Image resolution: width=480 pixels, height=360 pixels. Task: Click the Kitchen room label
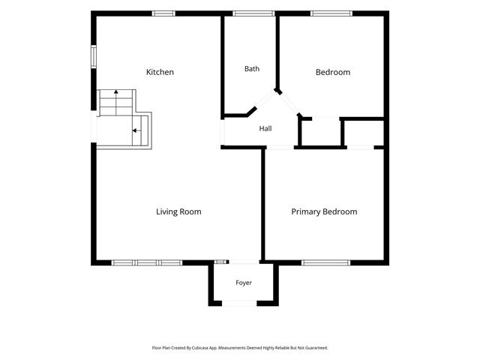[x=160, y=72]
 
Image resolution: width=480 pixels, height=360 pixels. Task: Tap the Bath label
[x=252, y=69]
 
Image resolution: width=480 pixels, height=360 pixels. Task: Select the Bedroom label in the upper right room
[x=333, y=72]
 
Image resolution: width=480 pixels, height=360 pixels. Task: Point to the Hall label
[x=265, y=128]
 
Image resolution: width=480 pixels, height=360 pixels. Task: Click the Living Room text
[x=178, y=211]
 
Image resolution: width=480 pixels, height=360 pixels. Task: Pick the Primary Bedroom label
[x=324, y=211]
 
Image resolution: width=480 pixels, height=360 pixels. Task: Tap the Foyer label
[x=244, y=283]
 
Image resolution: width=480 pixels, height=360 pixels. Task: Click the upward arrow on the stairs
[x=116, y=102]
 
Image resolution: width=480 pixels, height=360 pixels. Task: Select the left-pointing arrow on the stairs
[x=136, y=130]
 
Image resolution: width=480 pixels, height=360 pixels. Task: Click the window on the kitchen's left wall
[x=94, y=57]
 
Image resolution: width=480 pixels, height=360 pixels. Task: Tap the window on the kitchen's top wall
[x=163, y=13]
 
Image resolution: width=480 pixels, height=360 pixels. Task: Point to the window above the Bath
[x=253, y=13]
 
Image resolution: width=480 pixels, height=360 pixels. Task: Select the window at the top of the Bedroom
[x=331, y=13]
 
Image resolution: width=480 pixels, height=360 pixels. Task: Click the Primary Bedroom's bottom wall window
[x=326, y=262]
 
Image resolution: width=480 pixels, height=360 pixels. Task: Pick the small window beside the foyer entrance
[x=220, y=262]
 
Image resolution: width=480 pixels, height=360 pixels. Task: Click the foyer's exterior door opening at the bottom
[x=239, y=303]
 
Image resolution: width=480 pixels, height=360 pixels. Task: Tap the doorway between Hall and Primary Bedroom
[x=280, y=148]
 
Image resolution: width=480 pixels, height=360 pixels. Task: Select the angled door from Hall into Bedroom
[x=289, y=103]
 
